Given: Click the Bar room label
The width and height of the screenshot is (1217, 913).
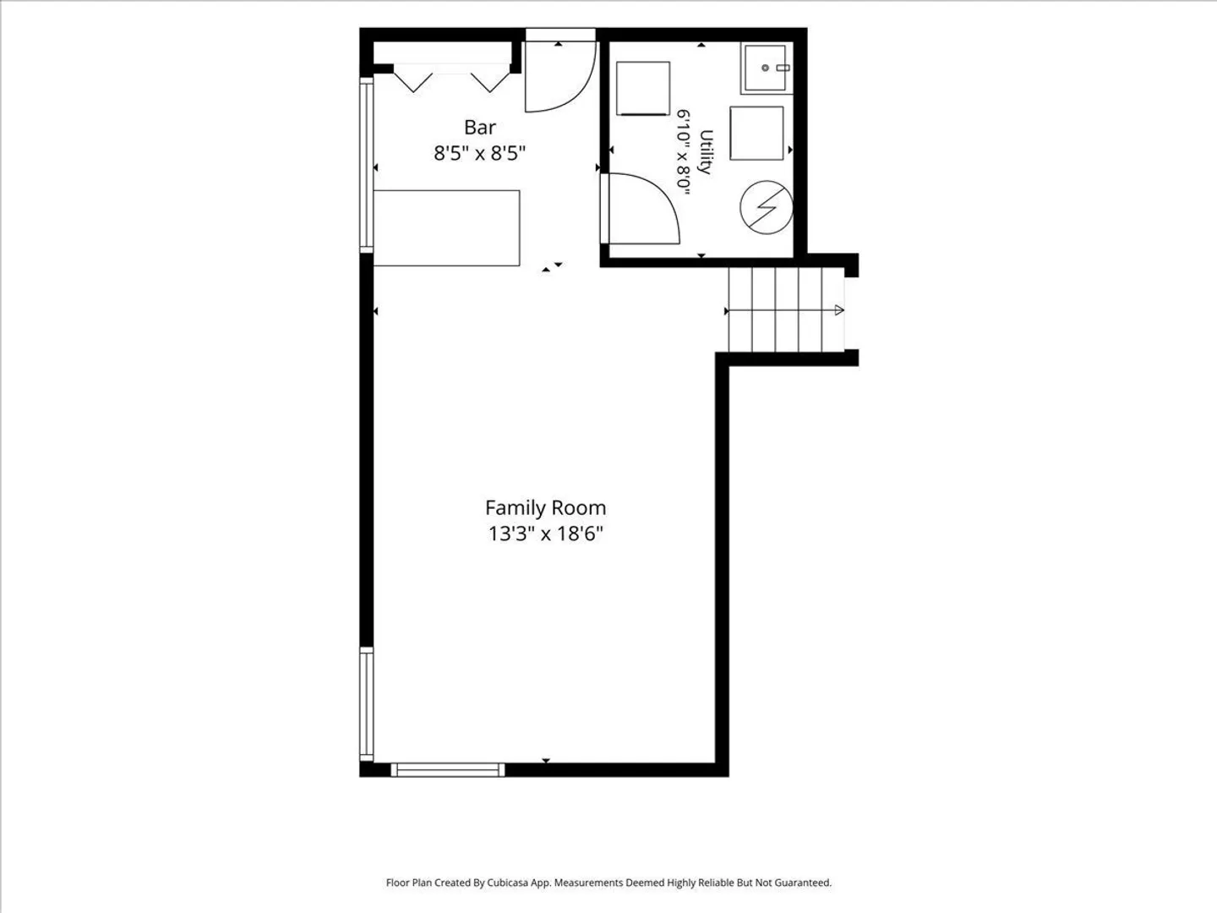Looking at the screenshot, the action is [x=479, y=128].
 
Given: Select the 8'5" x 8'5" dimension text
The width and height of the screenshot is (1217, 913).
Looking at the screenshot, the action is [x=479, y=153].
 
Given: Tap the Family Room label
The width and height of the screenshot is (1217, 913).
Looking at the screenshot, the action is [x=546, y=508].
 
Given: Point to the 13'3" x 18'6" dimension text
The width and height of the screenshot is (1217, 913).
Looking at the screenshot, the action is [x=546, y=533].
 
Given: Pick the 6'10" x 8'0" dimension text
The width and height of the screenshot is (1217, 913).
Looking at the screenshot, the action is [x=684, y=152].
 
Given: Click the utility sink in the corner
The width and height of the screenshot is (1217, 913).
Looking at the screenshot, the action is [x=767, y=68].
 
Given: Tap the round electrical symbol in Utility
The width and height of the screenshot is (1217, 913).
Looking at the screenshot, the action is [x=767, y=207].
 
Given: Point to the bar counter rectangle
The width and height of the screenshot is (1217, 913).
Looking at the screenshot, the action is [x=447, y=228].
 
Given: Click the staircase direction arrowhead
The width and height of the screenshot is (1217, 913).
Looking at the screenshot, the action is [x=839, y=310].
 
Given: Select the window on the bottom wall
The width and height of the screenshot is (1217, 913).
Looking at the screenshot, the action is [x=447, y=770].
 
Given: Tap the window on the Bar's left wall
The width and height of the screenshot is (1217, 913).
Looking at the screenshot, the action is [x=367, y=165].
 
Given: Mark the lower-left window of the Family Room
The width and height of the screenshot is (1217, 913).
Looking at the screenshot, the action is [x=367, y=704].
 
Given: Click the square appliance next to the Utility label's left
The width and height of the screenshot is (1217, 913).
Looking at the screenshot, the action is [x=643, y=89].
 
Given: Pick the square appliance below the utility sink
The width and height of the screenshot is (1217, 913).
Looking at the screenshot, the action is [x=756, y=134].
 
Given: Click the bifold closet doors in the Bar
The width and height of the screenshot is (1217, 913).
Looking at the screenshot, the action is [x=451, y=78].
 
